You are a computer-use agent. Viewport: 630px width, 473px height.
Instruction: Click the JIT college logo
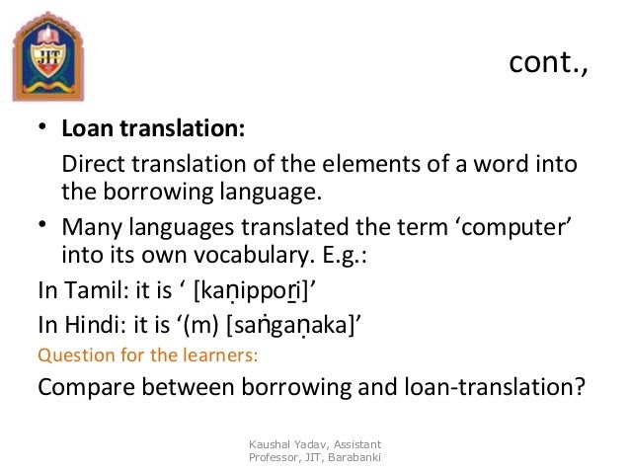coord(48,56)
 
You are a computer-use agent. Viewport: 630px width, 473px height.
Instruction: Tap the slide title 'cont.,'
coord(548,62)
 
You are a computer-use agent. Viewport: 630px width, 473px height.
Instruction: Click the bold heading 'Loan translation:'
coord(153,128)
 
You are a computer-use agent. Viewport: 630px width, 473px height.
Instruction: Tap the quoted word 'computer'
coord(513,228)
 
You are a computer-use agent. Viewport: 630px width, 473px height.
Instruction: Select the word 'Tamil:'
coord(97,290)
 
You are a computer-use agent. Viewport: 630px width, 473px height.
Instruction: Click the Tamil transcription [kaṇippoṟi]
coord(251,291)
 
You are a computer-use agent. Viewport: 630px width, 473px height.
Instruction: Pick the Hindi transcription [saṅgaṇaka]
coord(291,326)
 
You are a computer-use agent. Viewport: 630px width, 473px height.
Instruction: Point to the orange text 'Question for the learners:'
coord(148,355)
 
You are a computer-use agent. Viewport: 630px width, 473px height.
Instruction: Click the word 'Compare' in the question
coord(86,387)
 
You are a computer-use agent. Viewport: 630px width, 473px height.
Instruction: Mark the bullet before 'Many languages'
coord(42,224)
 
